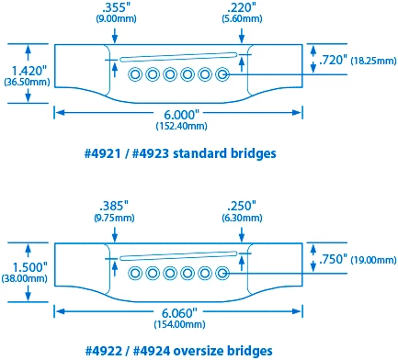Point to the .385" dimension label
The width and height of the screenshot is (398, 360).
[x=110, y=205]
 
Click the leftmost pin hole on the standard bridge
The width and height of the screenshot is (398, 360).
[x=135, y=74]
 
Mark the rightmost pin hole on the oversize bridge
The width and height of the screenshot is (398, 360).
[x=222, y=272]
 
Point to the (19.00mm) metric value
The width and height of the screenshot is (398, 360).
[x=374, y=261]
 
